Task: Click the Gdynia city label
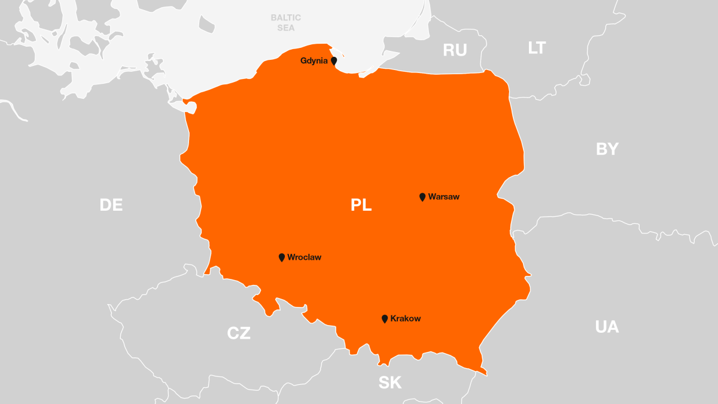click(314, 61)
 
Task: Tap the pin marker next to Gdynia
click(334, 61)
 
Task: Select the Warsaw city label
click(444, 196)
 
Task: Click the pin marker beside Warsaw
click(422, 197)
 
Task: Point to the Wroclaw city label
click(304, 257)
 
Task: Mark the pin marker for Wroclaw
click(282, 257)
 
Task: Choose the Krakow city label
click(405, 318)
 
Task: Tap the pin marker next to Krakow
click(385, 319)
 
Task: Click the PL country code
click(361, 205)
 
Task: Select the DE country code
click(111, 205)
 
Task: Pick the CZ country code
click(239, 333)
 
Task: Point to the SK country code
click(390, 382)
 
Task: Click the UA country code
click(607, 327)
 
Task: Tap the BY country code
click(607, 149)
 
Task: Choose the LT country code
click(537, 48)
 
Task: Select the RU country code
click(455, 50)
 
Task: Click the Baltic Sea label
click(285, 23)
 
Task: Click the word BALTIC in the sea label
click(285, 18)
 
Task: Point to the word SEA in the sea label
click(285, 28)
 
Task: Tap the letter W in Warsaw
click(432, 196)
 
